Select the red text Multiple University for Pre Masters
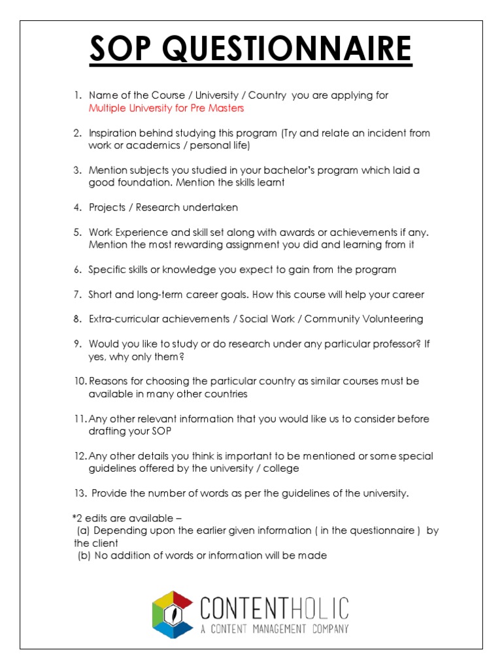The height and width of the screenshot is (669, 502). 166,108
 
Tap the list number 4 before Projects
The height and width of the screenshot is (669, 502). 76,208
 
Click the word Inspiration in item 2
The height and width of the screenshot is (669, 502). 112,133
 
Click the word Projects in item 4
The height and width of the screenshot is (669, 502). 107,208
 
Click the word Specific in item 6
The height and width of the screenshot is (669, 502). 107,270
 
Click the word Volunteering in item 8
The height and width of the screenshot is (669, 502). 394,319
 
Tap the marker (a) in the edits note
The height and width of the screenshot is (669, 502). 84,531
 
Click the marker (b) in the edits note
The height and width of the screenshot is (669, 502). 84,556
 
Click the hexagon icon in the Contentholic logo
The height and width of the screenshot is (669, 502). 173,614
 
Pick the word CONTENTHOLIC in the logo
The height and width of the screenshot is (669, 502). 275,608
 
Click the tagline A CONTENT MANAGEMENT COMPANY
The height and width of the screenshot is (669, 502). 275,629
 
